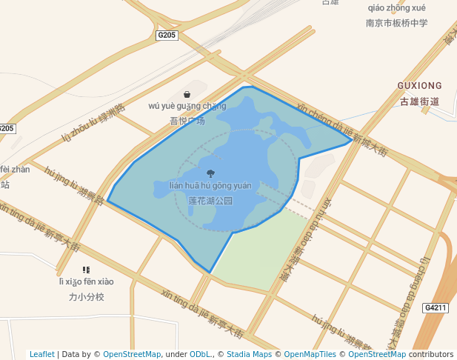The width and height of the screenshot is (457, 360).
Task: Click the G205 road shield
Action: point(167,35)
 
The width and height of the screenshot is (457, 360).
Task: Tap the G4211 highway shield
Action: point(436,307)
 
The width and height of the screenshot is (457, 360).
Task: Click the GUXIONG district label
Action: point(419,86)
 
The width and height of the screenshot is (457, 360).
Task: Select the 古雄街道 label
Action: point(419,101)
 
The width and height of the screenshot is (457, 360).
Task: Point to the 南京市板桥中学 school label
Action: point(397,23)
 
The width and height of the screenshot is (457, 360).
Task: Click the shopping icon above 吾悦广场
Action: point(187,94)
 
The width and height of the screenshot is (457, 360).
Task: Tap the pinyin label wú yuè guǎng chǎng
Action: point(187,106)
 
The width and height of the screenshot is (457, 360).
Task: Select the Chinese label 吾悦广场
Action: point(187,121)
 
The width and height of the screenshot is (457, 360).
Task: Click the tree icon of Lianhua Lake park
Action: point(211,173)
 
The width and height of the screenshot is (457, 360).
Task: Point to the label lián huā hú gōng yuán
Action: point(211,185)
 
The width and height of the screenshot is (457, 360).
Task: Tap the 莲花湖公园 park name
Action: point(211,201)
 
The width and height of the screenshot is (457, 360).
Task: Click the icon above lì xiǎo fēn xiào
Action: point(86,270)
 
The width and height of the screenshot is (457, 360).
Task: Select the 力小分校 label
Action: point(87,297)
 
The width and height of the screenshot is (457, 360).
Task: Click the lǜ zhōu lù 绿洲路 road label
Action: point(94,123)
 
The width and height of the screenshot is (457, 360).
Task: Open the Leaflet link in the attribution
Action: point(42,354)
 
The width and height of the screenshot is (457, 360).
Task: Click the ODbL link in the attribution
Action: point(200,354)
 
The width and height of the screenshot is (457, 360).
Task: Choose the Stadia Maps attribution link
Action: point(249,354)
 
